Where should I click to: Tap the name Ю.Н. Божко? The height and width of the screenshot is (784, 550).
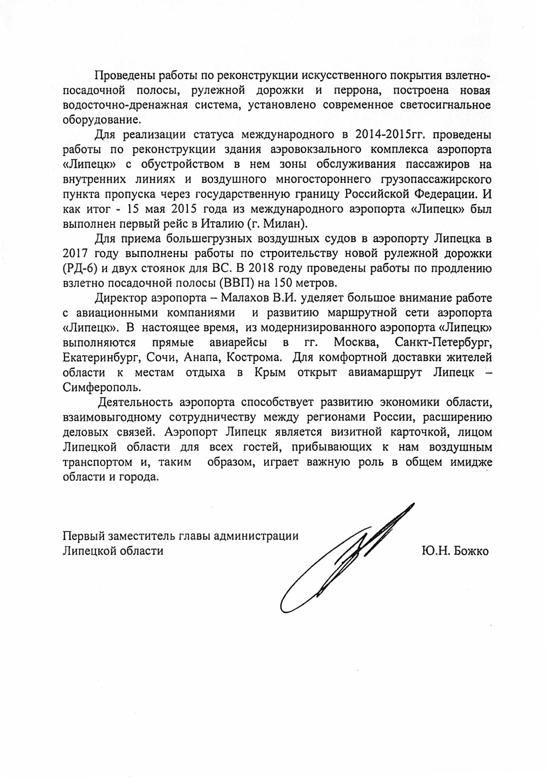click(453, 551)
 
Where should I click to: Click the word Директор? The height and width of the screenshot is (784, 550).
click(122, 298)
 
